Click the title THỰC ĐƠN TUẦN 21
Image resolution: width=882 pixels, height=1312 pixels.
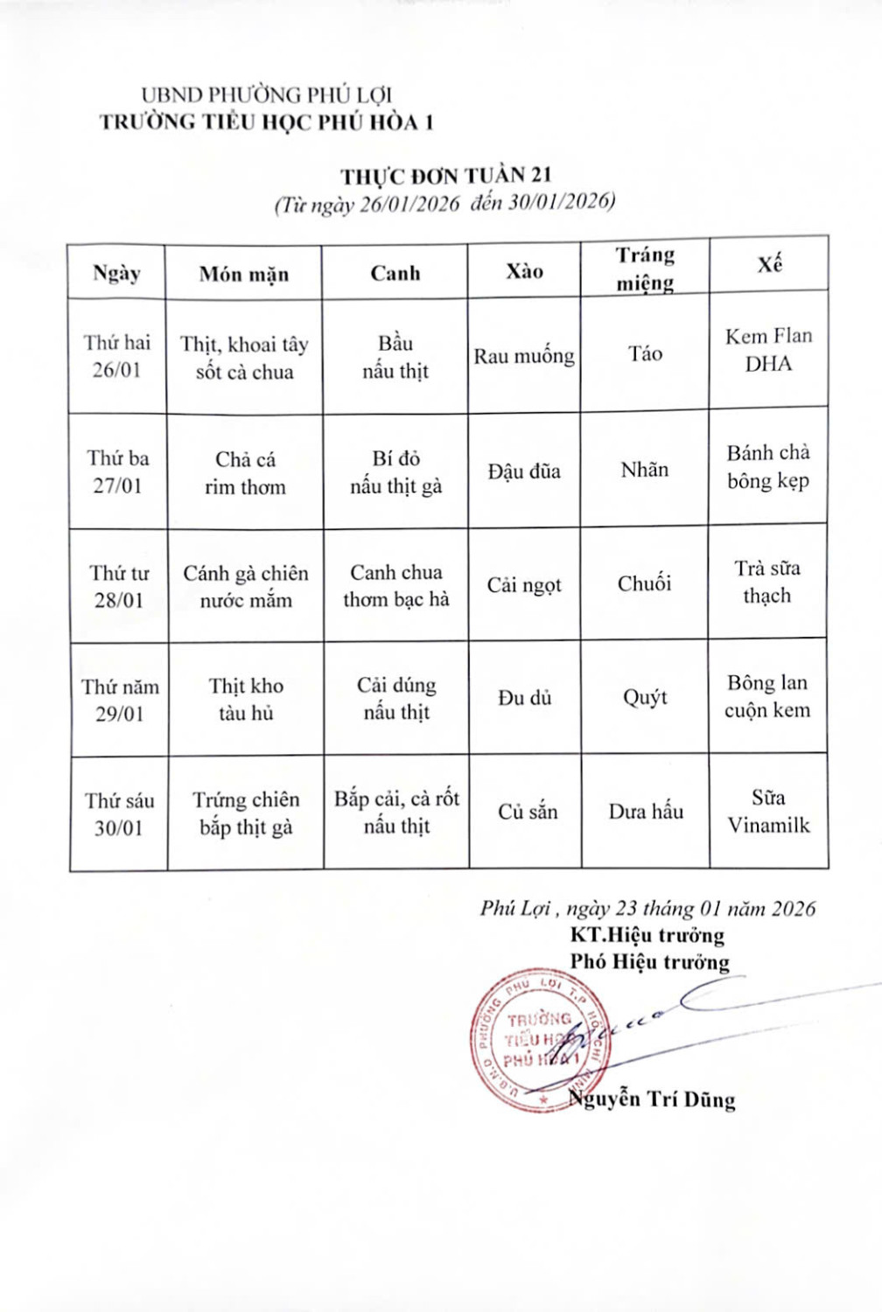(446, 176)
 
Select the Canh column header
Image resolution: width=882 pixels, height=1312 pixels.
(395, 273)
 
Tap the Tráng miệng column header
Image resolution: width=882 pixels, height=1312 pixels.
(645, 269)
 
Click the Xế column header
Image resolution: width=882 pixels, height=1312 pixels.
(769, 264)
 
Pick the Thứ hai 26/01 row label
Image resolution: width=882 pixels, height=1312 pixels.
(117, 356)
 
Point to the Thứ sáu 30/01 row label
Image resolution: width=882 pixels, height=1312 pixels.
(119, 814)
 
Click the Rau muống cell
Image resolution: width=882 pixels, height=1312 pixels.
(524, 356)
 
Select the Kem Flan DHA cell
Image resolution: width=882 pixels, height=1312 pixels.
(768, 350)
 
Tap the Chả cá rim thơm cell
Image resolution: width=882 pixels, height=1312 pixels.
(245, 473)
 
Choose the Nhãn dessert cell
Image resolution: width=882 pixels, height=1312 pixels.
(645, 470)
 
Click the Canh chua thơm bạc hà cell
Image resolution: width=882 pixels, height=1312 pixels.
(396, 585)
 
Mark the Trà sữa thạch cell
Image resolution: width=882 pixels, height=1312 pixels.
(767, 582)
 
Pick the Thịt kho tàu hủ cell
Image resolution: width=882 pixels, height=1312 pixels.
(246, 699)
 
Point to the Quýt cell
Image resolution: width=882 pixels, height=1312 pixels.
(645, 697)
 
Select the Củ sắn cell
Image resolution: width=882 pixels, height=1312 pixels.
(528, 812)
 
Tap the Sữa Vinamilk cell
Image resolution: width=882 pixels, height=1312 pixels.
(769, 811)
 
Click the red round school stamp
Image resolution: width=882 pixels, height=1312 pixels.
(536, 1041)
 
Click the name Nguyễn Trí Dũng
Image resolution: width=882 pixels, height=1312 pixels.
(652, 1099)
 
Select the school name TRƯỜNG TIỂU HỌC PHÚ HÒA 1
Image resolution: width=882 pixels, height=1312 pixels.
(266, 122)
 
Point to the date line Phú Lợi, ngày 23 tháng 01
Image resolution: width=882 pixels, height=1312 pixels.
(647, 908)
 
